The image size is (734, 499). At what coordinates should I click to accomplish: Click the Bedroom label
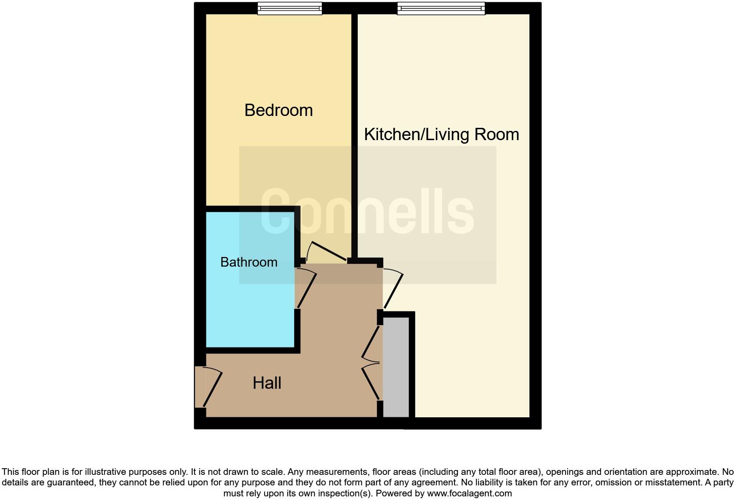[278, 110]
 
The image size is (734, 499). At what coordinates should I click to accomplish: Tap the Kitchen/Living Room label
[441, 134]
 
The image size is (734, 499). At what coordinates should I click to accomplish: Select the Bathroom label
[248, 262]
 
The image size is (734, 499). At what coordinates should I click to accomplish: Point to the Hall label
[266, 383]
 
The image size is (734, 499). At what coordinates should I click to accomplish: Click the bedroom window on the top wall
[289, 8]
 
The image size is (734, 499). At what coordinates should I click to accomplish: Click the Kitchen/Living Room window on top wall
[441, 8]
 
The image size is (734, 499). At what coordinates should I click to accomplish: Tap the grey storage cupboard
[396, 367]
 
